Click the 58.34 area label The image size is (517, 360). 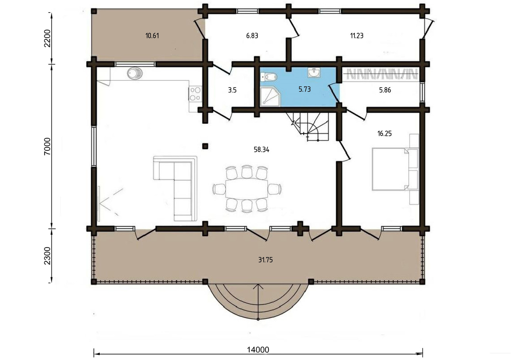click(261, 150)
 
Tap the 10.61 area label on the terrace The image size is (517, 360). click(152, 36)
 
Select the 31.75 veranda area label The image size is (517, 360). click(266, 260)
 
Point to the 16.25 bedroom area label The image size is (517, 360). click(384, 133)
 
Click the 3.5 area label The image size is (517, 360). click(232, 90)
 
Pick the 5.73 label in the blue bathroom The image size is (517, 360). click(305, 89)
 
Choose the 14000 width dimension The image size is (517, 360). click(258, 350)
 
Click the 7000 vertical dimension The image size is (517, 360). click(47, 146)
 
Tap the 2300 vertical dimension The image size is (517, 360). click(47, 256)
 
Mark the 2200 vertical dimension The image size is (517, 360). click(47, 38)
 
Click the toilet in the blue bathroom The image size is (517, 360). click(269, 77)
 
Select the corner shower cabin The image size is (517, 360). click(270, 97)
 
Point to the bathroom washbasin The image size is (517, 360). click(314, 72)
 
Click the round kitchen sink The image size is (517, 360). click(134, 73)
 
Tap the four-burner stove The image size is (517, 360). click(195, 94)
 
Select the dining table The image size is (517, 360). click(247, 189)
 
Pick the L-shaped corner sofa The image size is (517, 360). click(175, 189)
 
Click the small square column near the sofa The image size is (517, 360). click(205, 146)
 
